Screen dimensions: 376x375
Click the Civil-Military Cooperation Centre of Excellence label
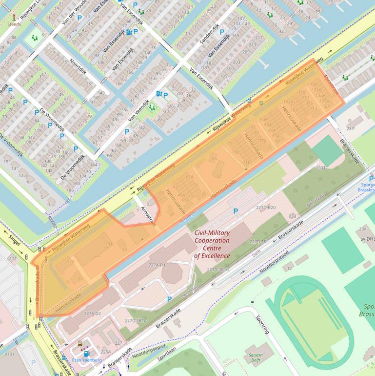point(212,244)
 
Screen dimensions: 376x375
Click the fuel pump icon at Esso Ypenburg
point(86,354)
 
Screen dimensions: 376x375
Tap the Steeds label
point(14,22)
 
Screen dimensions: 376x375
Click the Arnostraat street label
point(148,215)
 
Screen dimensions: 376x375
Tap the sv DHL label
point(367,238)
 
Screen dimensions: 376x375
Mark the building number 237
point(350,128)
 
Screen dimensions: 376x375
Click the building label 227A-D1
point(158,265)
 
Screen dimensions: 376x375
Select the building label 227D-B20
point(266,208)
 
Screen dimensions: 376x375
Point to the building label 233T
point(320,167)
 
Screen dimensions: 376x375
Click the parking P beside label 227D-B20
point(236,211)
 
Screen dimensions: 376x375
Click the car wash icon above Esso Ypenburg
point(80,343)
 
